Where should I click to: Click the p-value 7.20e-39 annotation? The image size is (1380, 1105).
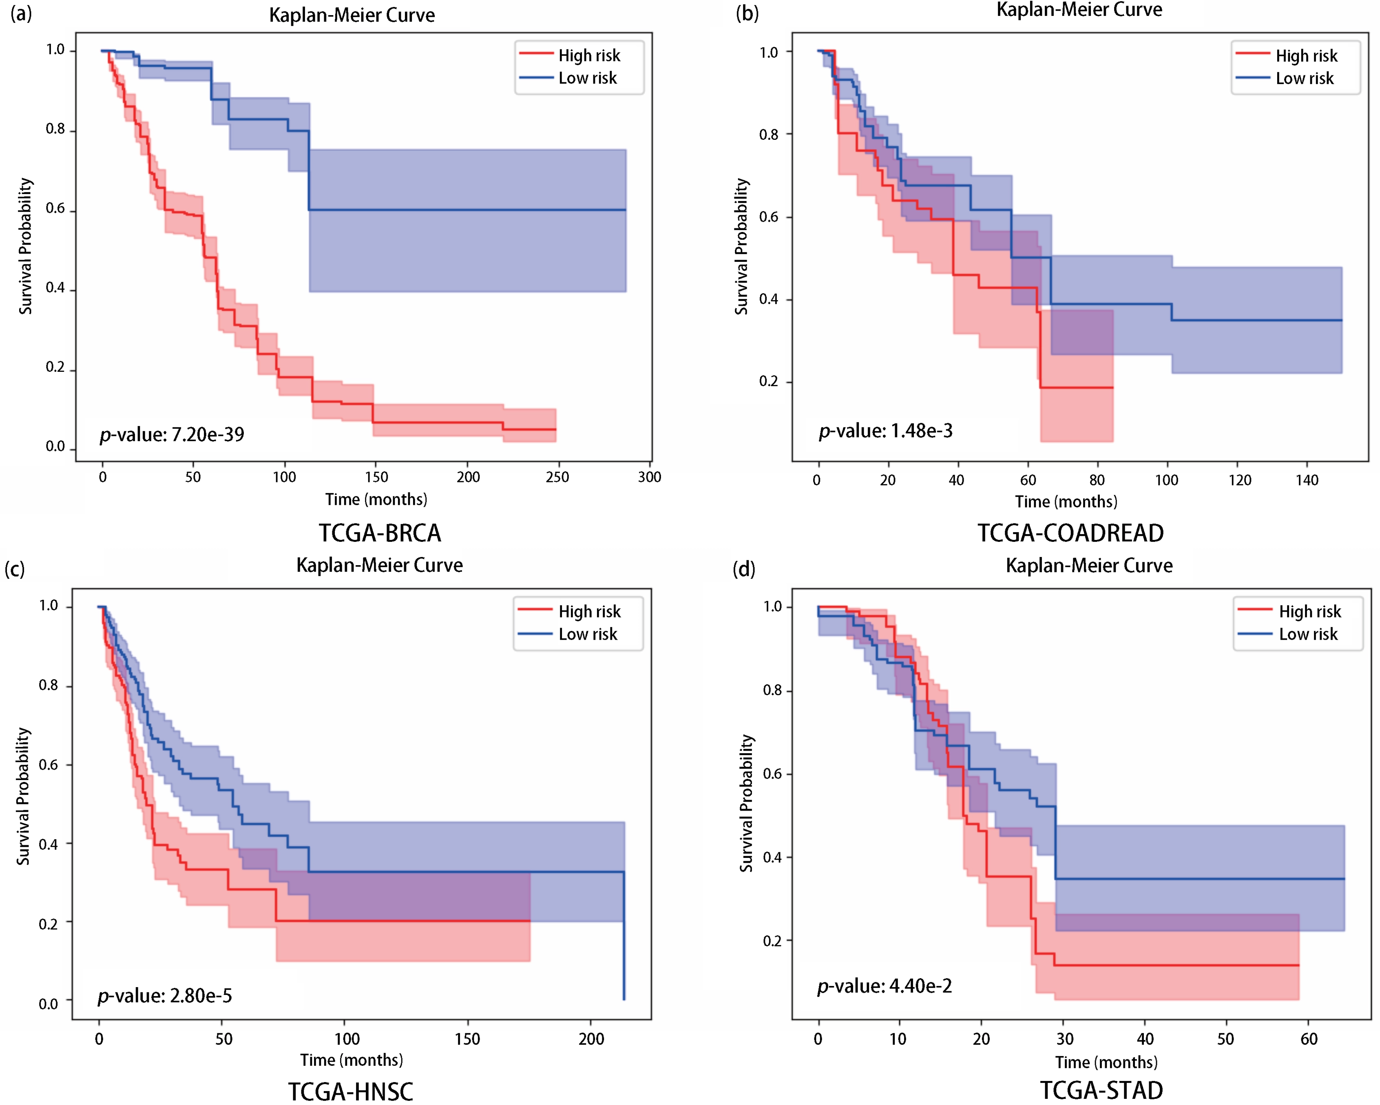172,434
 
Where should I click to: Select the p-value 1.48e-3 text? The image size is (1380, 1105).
886,431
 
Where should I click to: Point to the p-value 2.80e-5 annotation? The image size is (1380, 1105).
164,996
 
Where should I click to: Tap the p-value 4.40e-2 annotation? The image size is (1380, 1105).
885,986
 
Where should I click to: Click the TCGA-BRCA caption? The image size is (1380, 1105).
380,533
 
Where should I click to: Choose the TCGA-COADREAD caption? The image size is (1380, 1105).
1070,533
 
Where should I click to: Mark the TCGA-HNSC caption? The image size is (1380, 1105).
351,1092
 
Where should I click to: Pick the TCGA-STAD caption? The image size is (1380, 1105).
1101,1090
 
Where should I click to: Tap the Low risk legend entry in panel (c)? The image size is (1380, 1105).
568,634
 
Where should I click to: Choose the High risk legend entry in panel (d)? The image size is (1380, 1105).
1289,611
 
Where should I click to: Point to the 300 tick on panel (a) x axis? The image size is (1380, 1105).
650,477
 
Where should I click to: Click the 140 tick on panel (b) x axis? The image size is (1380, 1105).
1307,480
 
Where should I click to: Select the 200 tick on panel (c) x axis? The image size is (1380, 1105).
591,1039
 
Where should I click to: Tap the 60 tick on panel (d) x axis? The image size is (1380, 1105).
1309,1039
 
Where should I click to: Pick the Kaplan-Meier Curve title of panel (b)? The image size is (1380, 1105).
1079,10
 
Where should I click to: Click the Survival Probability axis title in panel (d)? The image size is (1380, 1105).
746,803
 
